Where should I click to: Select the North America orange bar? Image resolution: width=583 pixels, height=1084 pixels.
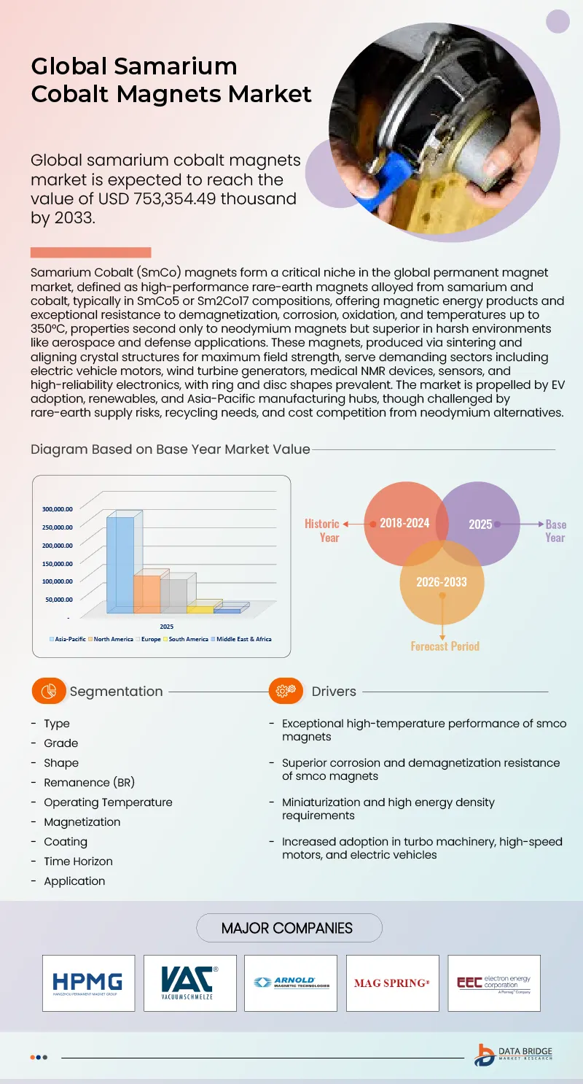146,594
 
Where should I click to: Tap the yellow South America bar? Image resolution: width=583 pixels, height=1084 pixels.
200,609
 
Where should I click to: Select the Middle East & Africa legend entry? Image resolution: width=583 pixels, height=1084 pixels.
241,639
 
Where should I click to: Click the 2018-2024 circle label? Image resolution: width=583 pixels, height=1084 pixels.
404,523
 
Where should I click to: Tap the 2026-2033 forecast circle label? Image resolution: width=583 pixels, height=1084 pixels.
441,581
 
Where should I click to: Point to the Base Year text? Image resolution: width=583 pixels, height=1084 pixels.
555,530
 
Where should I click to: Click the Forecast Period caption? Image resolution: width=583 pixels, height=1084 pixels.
445,646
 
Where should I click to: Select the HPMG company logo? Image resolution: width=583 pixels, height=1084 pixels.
88,983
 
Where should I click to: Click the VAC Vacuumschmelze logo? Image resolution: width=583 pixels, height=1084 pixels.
189,983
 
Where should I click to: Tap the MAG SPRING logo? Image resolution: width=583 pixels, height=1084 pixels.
392,983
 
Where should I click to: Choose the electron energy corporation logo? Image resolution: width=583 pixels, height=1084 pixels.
493,983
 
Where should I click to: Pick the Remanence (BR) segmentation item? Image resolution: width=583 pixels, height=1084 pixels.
89,782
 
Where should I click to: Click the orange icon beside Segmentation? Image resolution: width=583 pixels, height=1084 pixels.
50,691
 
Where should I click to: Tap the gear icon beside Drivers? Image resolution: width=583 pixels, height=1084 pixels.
286,691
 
